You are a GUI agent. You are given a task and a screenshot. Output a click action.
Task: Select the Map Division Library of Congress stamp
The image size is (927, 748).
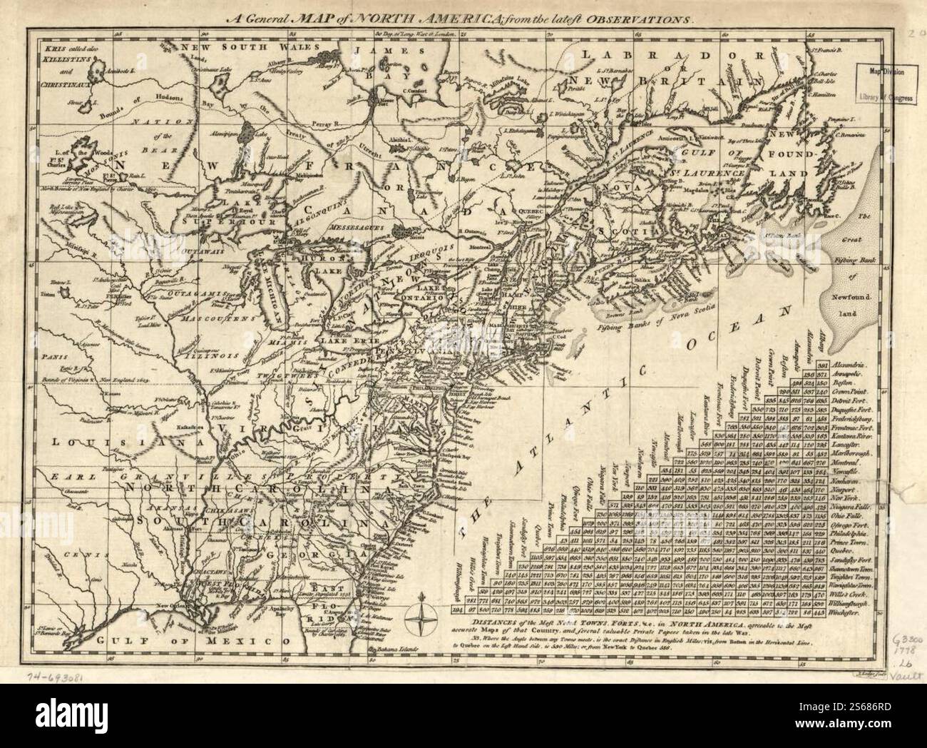pos(885,84)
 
